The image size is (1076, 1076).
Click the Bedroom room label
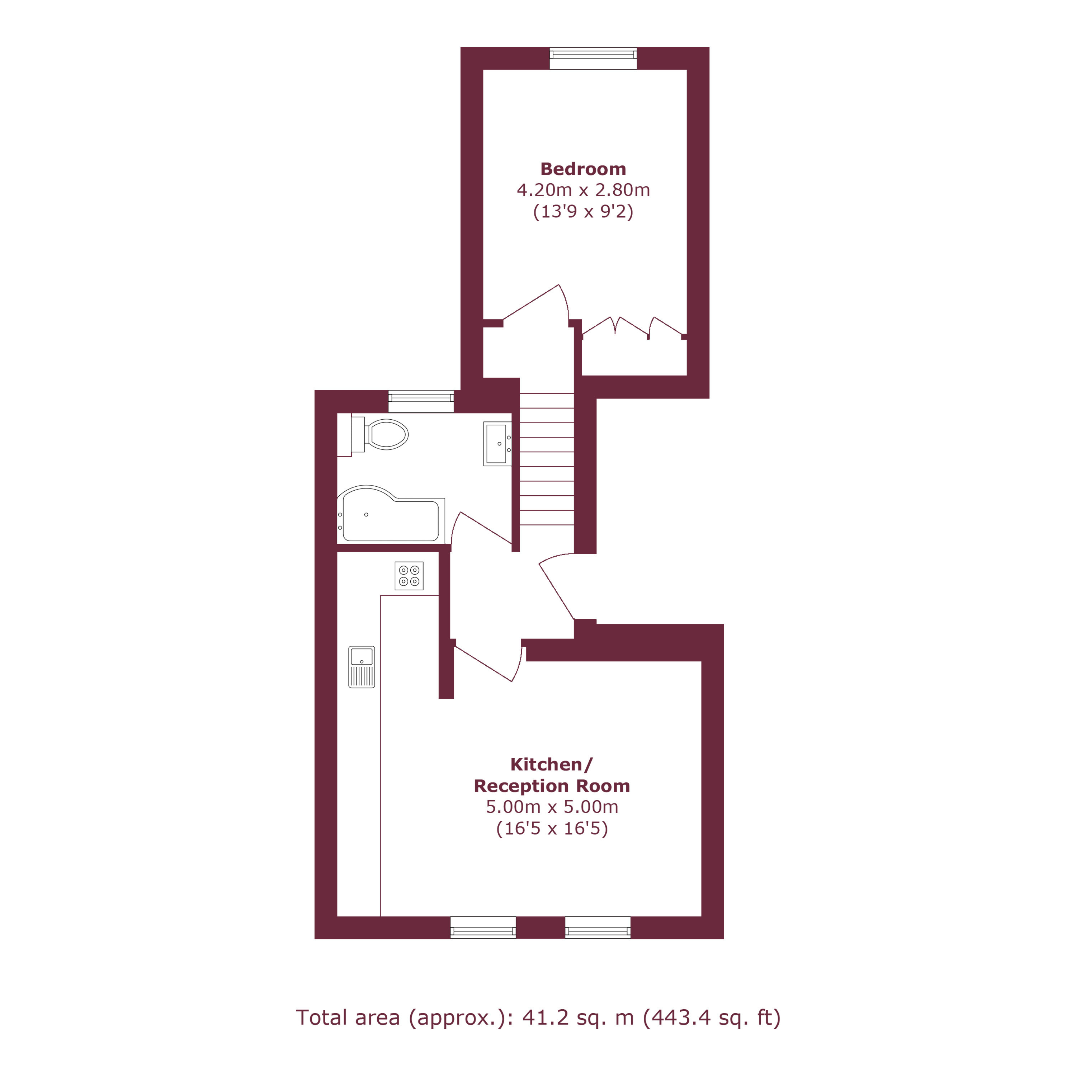click(583, 169)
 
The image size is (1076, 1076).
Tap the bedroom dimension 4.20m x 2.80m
click(583, 190)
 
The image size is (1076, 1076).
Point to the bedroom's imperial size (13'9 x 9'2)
click(583, 212)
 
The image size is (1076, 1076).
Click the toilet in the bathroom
click(380, 434)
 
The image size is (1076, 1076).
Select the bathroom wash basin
click(497, 443)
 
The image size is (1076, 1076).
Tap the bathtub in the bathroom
click(391, 514)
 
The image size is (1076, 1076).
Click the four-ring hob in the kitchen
click(409, 575)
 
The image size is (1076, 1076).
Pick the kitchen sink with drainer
click(362, 667)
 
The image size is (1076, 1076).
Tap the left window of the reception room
click(483, 927)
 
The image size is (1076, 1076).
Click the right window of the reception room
click(598, 927)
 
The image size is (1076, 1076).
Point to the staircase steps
click(546, 459)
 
